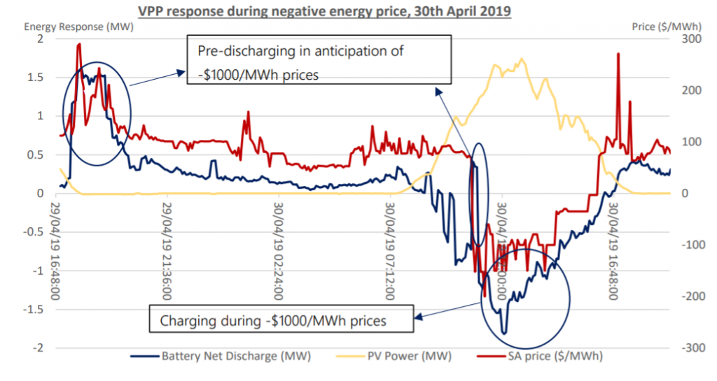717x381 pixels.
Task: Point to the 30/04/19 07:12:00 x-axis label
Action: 391,252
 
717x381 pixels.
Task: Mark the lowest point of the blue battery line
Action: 503,334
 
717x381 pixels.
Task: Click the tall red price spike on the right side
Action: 618,55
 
